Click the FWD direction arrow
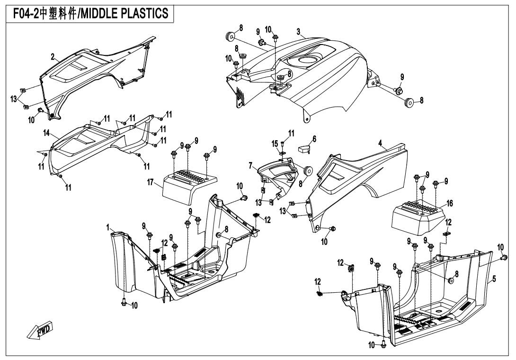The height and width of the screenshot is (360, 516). pos(39,331)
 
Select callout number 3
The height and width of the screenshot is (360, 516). pos(299,32)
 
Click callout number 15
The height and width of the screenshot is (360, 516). pos(275,143)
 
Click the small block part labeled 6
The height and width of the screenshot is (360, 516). pos(302,149)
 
